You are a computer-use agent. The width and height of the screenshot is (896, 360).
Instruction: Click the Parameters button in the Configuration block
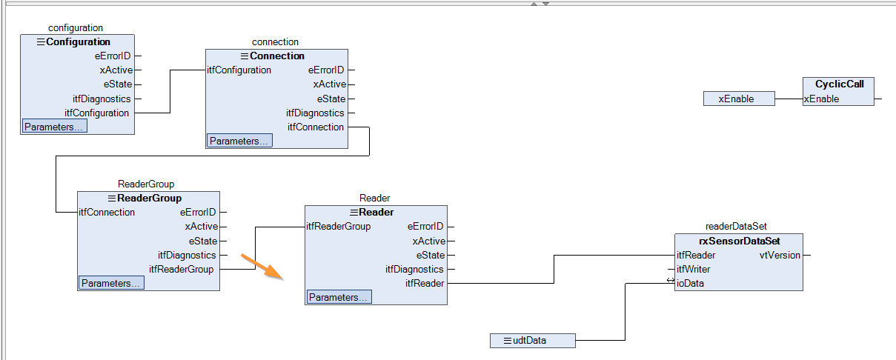54,127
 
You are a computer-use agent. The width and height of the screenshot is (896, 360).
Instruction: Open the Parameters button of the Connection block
239,141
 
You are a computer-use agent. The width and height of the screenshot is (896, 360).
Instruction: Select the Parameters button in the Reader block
339,297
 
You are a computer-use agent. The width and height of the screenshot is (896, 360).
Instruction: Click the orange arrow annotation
262,267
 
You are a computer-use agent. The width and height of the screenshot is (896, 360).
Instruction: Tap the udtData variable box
532,341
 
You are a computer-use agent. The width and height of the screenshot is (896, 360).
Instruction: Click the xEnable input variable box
739,99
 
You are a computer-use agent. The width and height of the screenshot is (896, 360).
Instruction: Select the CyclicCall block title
839,84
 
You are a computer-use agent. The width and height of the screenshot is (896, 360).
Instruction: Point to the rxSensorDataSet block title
739,241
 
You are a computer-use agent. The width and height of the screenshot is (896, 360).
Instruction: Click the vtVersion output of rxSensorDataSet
780,256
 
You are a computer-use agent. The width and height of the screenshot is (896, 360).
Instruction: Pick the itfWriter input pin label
693,269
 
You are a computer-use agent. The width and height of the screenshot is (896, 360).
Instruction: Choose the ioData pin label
690,283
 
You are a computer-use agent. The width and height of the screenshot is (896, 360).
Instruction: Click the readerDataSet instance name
736,227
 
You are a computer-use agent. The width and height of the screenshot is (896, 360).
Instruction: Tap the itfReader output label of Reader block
425,283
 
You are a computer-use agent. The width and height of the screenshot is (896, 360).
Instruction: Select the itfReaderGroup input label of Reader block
339,227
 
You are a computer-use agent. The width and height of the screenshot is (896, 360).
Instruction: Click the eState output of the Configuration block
118,84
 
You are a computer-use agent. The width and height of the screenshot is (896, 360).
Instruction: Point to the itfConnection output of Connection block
316,127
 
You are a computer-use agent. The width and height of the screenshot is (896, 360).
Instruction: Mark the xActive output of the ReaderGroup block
201,227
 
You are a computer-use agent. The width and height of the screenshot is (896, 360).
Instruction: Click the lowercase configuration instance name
76,28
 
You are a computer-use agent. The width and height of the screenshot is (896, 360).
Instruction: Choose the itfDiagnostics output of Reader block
414,269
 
